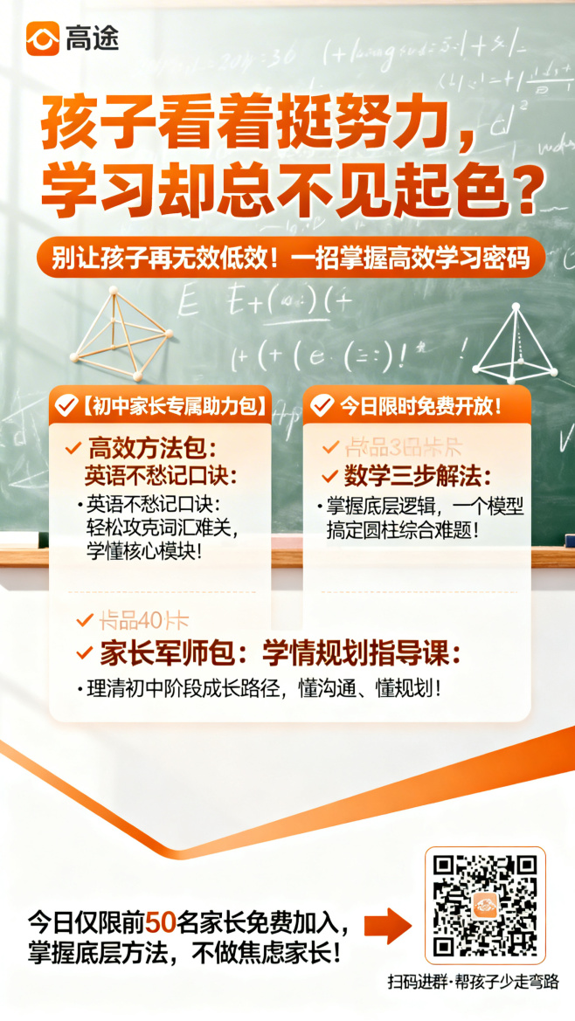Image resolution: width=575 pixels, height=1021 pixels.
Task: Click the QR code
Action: [x=485, y=906]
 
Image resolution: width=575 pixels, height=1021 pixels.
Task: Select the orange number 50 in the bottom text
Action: [x=160, y=921]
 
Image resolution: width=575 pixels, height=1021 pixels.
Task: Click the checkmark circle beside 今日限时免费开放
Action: [x=322, y=405]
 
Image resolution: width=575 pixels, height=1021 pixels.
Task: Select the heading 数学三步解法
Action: [x=416, y=477]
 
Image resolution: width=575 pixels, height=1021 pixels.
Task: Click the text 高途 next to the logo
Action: [x=92, y=38]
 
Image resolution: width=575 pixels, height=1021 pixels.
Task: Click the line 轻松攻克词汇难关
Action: [x=163, y=528]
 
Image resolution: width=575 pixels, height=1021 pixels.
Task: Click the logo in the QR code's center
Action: [x=485, y=906]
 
